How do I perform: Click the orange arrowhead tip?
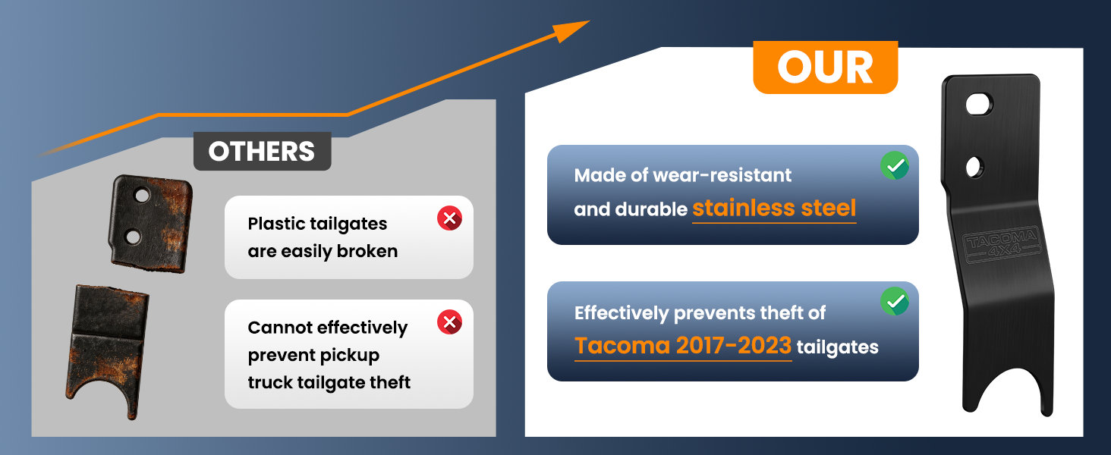coord(589,20)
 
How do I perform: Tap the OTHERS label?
coord(262,151)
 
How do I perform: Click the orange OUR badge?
coord(826,67)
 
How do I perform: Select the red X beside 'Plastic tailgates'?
coord(449,218)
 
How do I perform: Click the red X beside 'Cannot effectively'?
coord(449,322)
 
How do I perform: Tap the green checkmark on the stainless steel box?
coord(895,165)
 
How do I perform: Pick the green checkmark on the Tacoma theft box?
coord(895,301)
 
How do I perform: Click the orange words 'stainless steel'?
coord(774,209)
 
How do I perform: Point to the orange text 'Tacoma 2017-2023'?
coord(683,346)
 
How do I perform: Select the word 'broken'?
coord(367,251)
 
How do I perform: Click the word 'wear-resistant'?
coord(722,175)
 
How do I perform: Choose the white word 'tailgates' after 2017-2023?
coord(838,347)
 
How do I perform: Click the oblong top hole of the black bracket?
coord(979,105)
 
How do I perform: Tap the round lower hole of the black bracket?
coord(974,168)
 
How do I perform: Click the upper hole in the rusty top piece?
coord(142,195)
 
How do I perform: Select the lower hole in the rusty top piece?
coord(133,237)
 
